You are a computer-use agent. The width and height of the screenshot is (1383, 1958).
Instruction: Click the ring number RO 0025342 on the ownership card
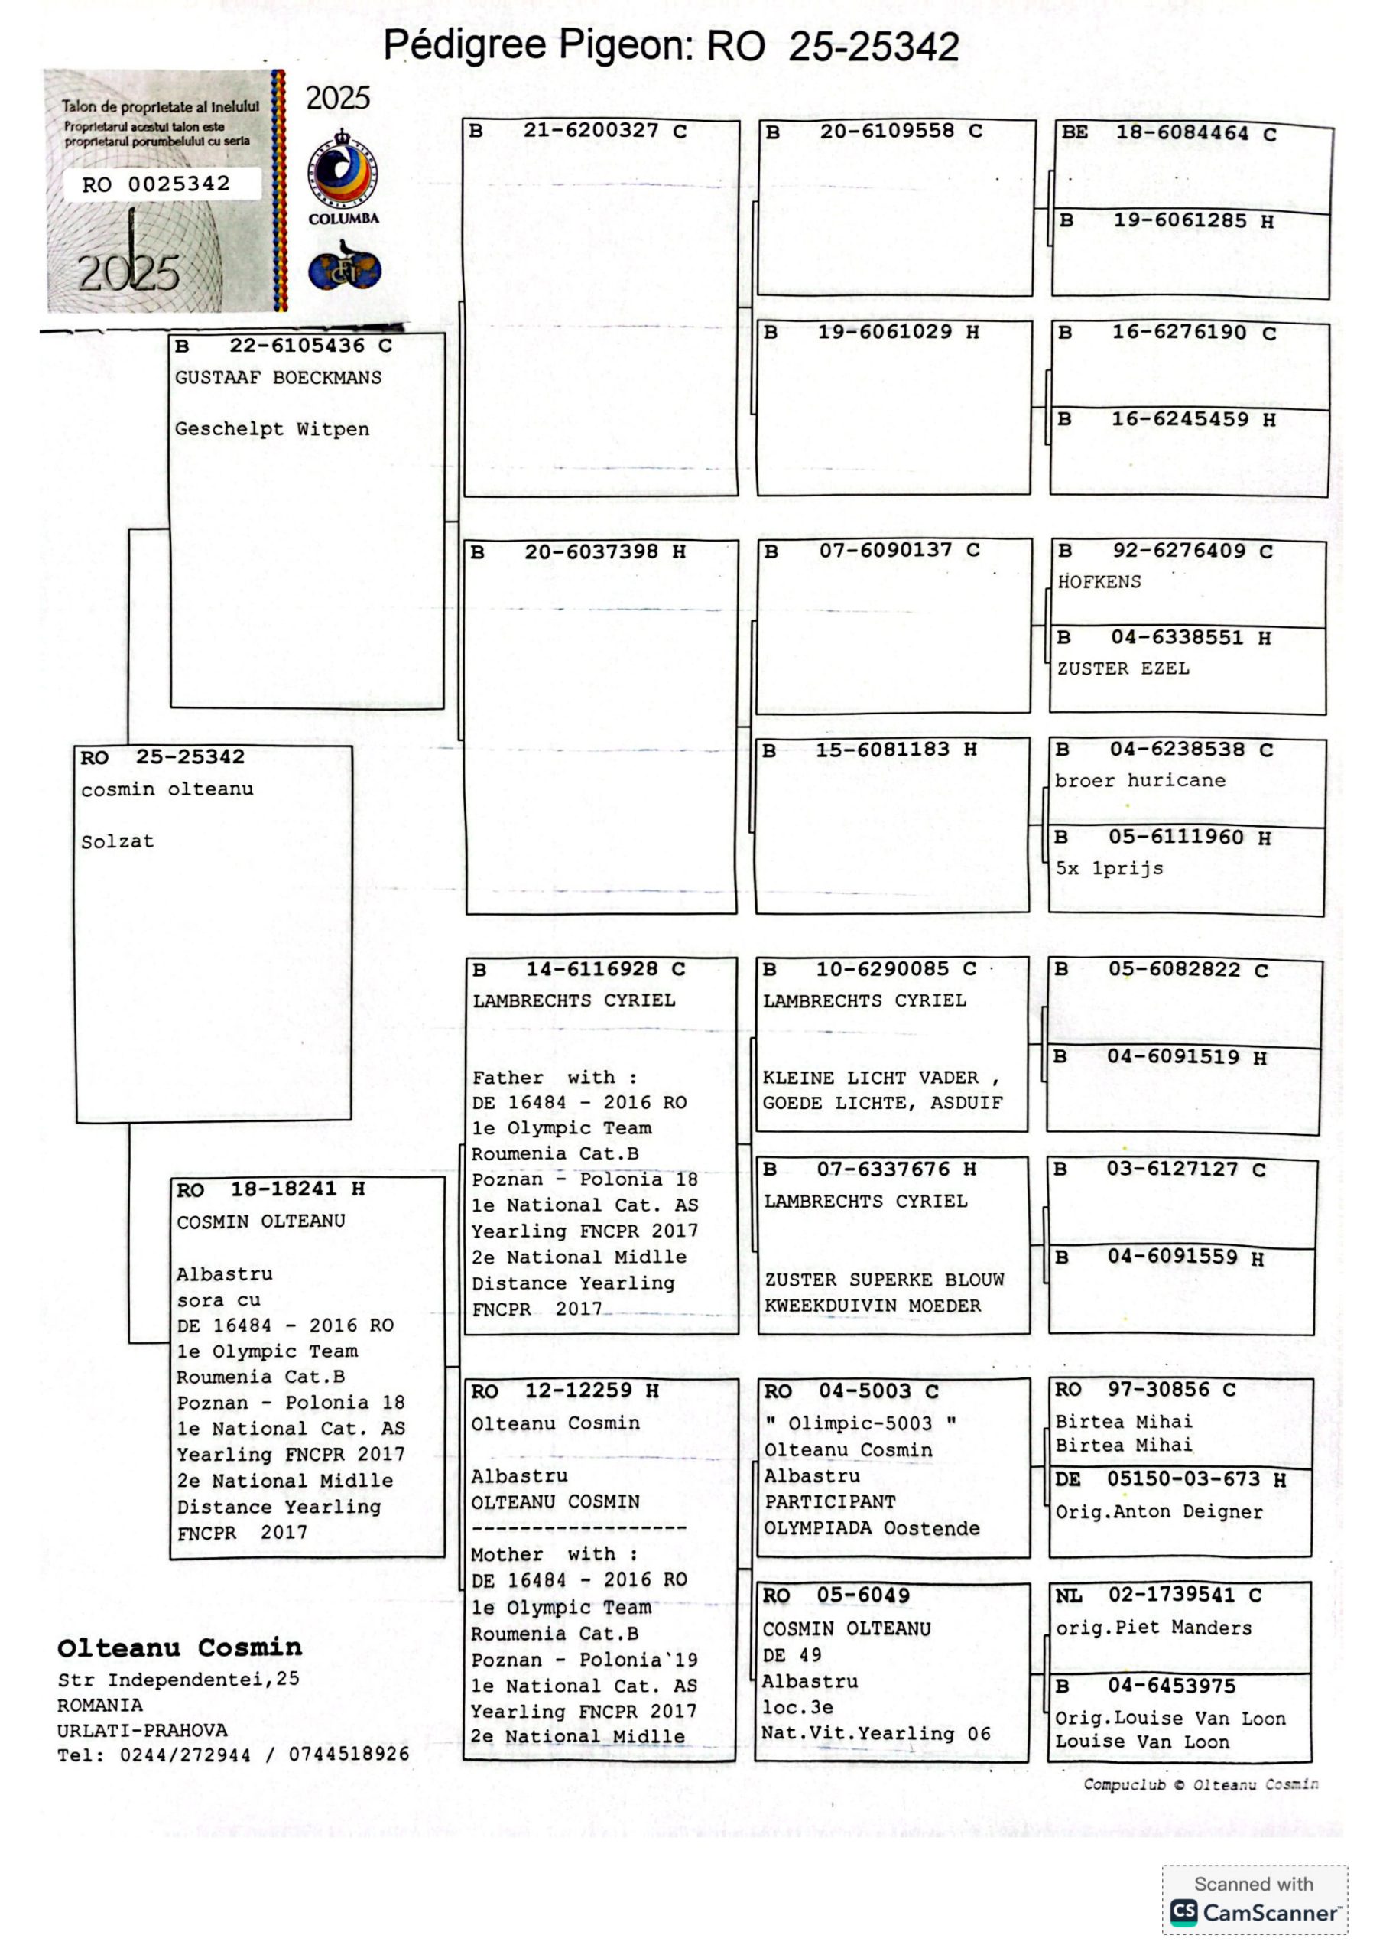(156, 184)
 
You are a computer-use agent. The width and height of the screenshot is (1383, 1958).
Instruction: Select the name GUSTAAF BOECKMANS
(278, 378)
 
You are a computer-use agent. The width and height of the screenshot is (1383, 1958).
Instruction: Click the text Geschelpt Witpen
(272, 429)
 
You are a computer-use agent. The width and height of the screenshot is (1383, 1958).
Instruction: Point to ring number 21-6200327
(591, 131)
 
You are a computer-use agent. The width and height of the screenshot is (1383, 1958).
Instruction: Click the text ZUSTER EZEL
(1123, 668)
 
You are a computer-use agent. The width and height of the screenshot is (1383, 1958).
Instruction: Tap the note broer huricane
(1140, 780)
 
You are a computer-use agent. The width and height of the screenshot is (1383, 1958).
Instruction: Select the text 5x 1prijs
(1109, 868)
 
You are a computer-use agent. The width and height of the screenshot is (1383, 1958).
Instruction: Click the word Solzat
(118, 841)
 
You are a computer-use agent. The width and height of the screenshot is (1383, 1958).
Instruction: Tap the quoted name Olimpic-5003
(859, 1423)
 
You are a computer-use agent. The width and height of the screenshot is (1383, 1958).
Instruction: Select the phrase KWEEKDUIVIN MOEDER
(872, 1306)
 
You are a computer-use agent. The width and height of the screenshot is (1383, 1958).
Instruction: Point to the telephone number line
(232, 1755)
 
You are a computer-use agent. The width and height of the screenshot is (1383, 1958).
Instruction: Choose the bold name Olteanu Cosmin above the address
(180, 1647)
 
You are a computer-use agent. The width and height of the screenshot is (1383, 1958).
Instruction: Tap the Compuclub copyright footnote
(1200, 1784)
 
